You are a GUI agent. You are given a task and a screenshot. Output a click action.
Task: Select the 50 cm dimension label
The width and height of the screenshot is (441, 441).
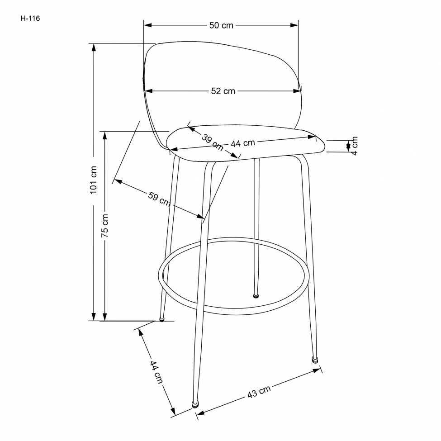point(221,25)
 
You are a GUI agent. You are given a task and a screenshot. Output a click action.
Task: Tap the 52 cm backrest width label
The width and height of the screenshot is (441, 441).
point(223,91)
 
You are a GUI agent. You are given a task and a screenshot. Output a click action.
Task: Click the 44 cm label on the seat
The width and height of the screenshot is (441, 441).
point(243,143)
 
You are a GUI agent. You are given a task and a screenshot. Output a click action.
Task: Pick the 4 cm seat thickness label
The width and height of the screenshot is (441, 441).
point(354,146)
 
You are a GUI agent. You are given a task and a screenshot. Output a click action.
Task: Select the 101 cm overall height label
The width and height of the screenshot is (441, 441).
point(94,180)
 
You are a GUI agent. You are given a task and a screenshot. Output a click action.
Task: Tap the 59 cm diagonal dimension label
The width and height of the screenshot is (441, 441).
point(159,199)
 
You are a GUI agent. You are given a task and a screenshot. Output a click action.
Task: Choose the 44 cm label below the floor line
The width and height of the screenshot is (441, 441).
point(156,372)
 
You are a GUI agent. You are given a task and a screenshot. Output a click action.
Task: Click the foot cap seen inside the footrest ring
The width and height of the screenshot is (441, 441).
point(256,297)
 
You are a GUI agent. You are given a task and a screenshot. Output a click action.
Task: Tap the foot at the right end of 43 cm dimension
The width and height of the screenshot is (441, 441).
point(315,360)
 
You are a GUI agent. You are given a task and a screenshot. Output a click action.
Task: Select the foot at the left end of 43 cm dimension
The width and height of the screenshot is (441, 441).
point(195,403)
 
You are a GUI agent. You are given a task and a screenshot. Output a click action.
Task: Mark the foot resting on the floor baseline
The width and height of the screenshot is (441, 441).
point(161,320)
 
